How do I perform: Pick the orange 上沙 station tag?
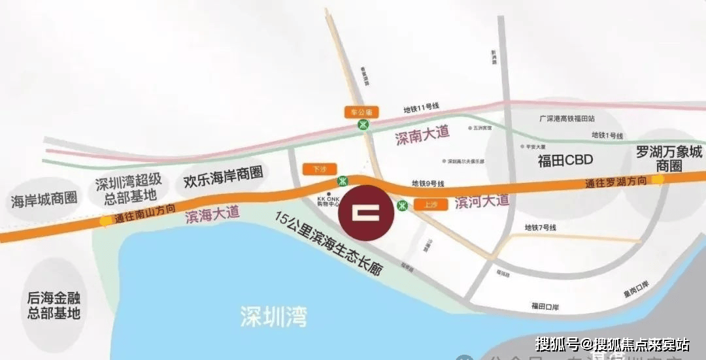(x=430, y=205)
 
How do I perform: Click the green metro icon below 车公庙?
(x=362, y=125)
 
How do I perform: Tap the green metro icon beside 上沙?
(x=403, y=205)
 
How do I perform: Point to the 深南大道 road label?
(x=423, y=135)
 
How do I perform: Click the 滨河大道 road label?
(x=481, y=201)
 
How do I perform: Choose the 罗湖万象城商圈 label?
(x=669, y=159)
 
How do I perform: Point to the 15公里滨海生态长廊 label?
(x=328, y=243)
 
